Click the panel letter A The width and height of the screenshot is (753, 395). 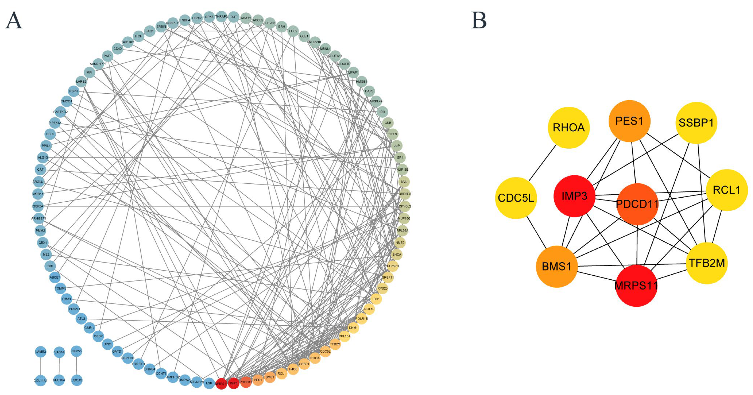point(14,20)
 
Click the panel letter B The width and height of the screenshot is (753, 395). point(479,20)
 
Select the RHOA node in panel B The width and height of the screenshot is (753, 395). point(569,127)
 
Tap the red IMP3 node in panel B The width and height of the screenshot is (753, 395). point(574,196)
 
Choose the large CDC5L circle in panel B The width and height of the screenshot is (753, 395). point(516,198)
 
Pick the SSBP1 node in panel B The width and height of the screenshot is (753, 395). point(696,123)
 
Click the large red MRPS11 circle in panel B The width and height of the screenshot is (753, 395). point(636,286)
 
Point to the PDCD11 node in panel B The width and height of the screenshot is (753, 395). point(637,204)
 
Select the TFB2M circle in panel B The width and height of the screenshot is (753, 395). point(707,263)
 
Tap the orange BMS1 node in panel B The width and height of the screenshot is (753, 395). point(557,267)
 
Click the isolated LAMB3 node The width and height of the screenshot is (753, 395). point(41,352)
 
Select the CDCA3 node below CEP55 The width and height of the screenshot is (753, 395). point(77,380)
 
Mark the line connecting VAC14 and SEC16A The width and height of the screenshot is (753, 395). point(59,366)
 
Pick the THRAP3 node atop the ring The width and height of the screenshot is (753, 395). point(221,17)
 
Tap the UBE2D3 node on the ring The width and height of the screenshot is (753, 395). point(405,194)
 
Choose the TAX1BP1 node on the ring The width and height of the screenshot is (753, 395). point(128,42)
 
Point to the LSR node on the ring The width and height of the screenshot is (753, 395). point(209,383)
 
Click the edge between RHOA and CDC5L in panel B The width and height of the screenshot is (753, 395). point(542,163)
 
